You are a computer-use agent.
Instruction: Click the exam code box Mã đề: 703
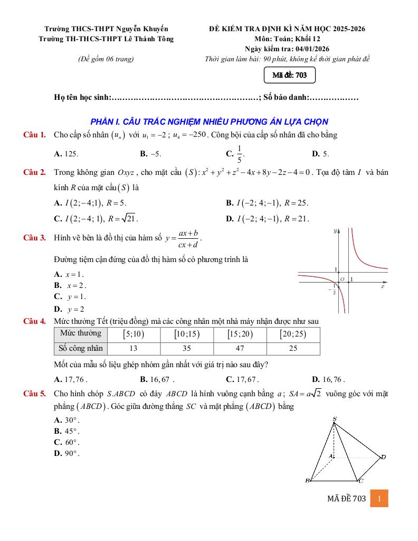[290, 76]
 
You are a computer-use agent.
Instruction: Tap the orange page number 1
[379, 498]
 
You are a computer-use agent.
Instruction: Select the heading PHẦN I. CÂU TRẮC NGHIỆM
[210, 122]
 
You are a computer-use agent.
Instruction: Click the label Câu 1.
[35, 135]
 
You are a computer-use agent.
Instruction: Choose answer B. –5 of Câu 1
[150, 154]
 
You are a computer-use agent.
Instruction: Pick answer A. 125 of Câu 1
[66, 154]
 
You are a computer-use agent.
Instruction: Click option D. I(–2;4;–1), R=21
[267, 218]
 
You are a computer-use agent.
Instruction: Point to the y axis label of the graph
[335, 231]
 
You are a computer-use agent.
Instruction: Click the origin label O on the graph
[342, 279]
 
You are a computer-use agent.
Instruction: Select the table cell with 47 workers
[240, 348]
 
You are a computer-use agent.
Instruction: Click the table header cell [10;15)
[187, 334]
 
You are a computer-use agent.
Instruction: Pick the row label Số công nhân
[80, 348]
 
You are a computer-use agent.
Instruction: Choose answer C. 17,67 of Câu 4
[242, 379]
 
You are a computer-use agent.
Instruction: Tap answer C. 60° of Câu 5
[67, 442]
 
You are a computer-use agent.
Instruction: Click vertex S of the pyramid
[335, 419]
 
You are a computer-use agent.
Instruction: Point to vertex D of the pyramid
[383, 457]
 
